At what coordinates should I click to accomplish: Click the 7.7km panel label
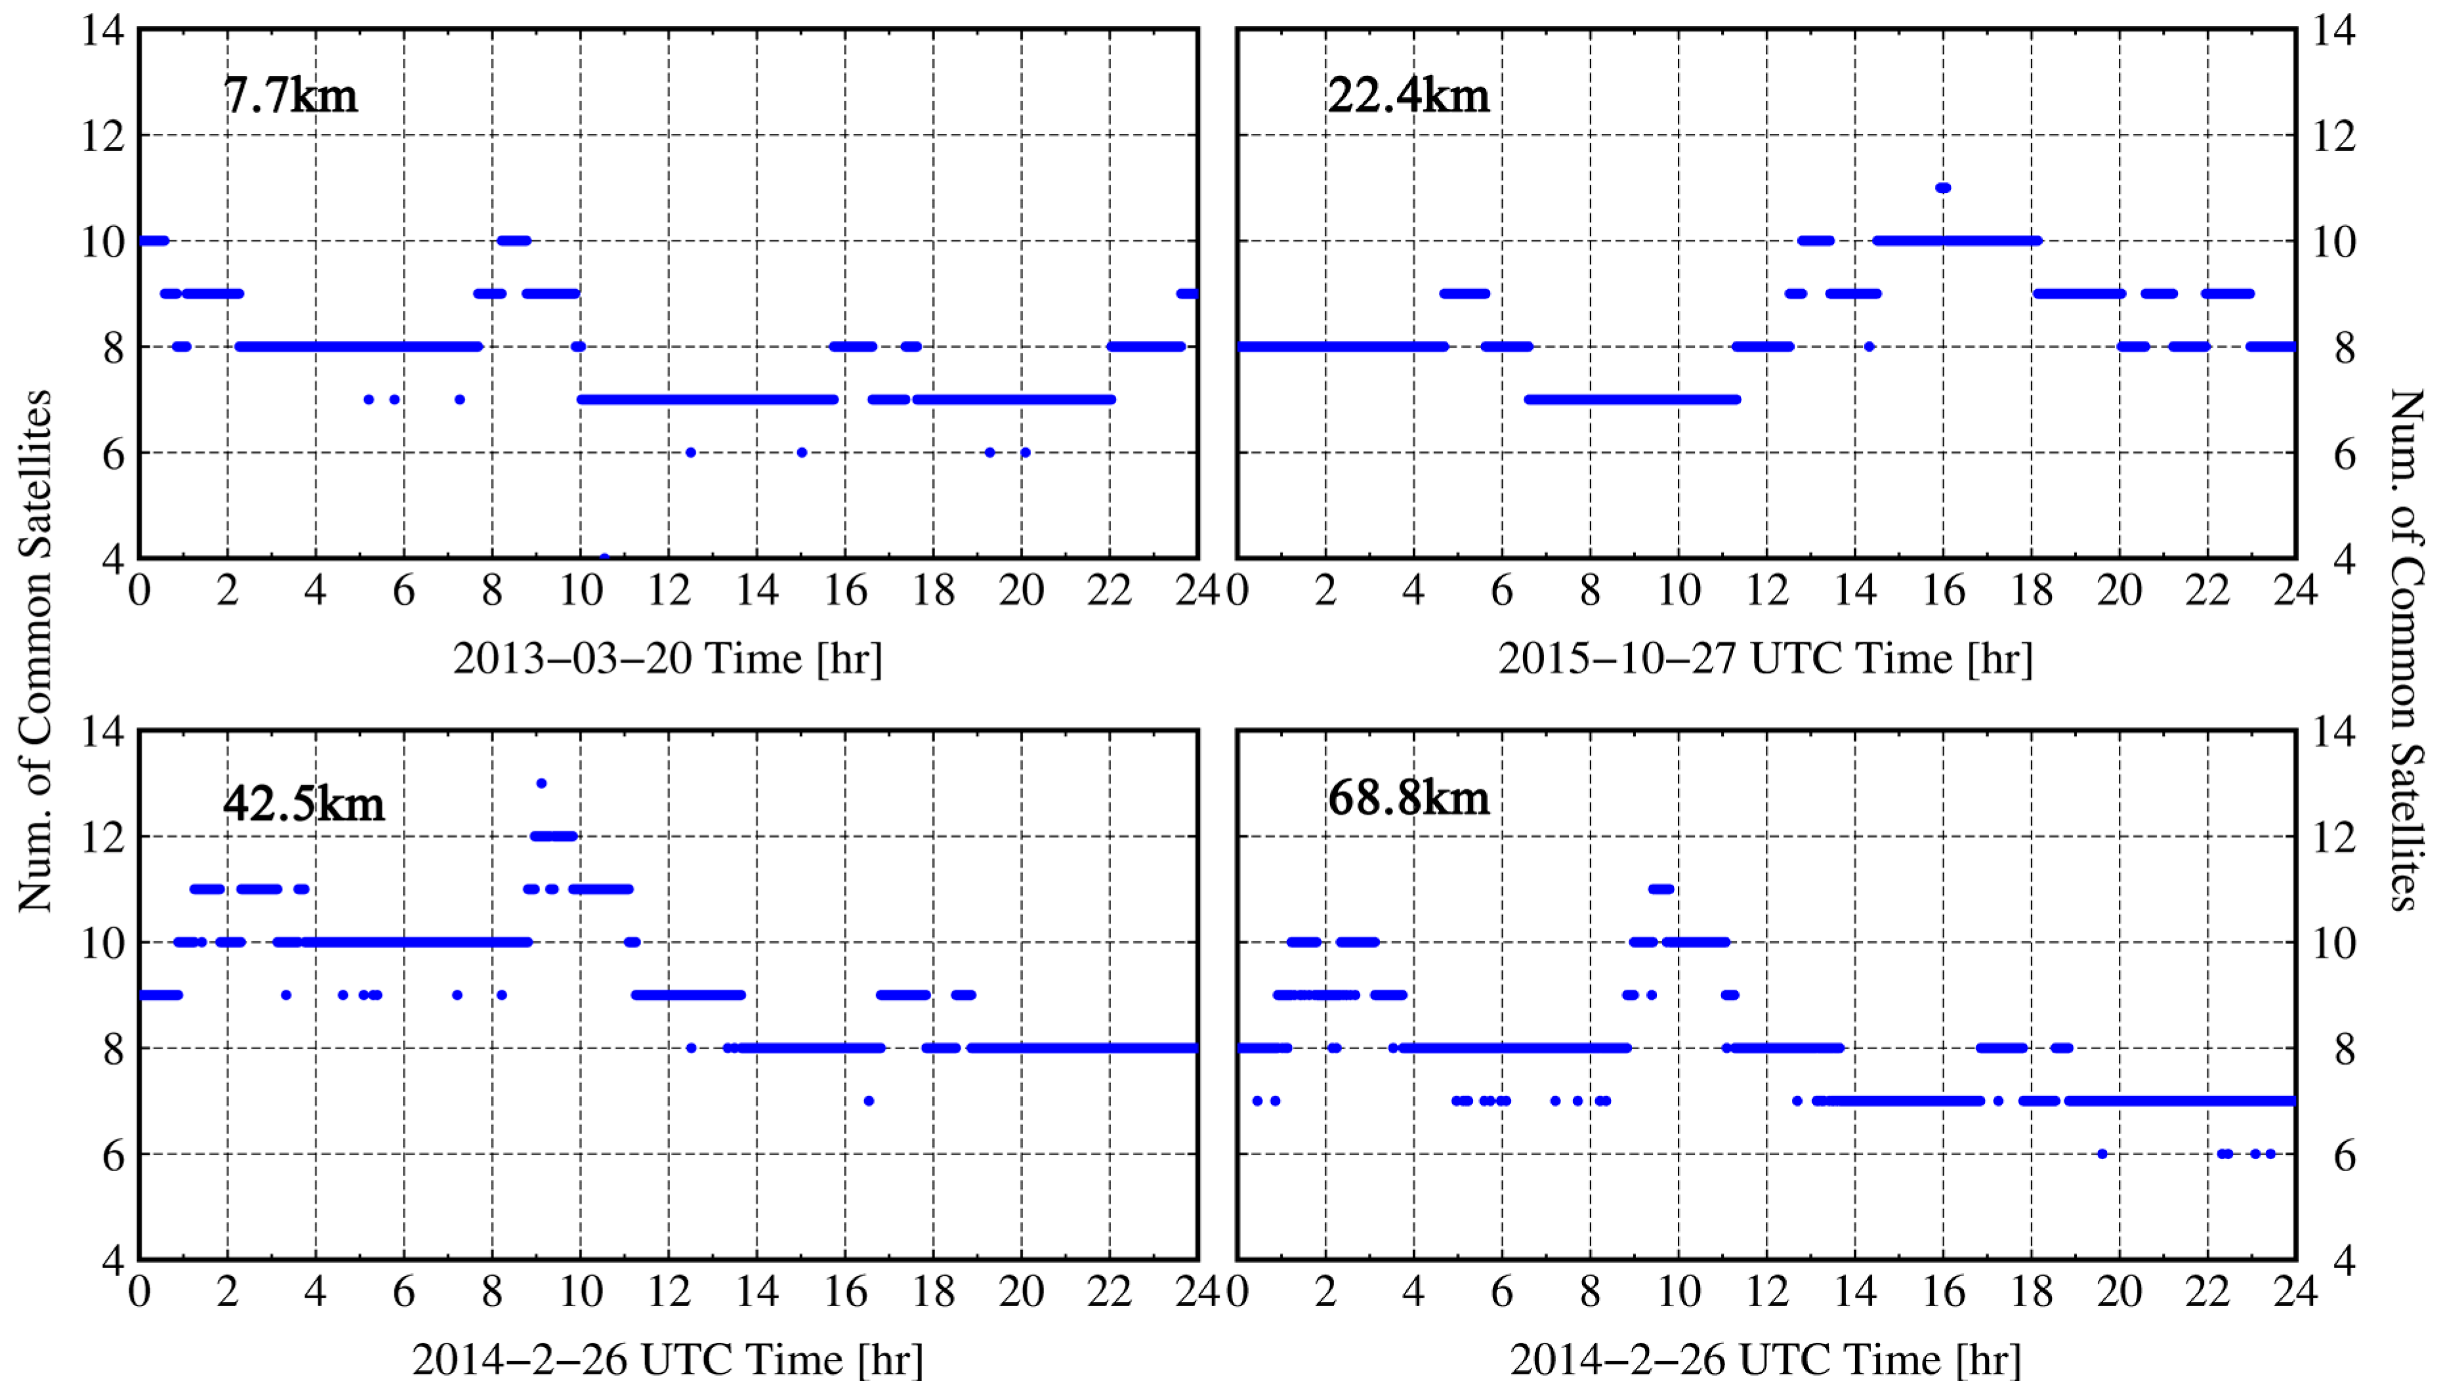(x=290, y=96)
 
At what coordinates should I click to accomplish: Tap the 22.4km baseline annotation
(x=1408, y=96)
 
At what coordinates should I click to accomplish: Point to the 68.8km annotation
(x=1408, y=798)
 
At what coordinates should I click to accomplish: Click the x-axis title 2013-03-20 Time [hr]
(x=667, y=659)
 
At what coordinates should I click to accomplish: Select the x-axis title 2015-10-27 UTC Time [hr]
(x=1765, y=659)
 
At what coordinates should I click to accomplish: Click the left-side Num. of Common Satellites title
(x=35, y=651)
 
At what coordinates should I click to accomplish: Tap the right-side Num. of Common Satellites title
(x=2408, y=651)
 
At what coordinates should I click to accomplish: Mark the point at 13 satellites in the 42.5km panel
(x=541, y=783)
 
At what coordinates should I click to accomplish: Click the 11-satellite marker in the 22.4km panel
(x=1943, y=188)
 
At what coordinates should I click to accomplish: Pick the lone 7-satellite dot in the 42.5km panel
(x=869, y=1101)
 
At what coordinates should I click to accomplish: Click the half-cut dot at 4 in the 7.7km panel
(x=604, y=556)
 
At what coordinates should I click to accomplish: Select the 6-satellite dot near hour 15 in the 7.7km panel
(x=802, y=453)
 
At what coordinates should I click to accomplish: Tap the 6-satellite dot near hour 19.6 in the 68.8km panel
(x=2102, y=1154)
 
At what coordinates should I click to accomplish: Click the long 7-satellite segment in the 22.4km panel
(x=1632, y=400)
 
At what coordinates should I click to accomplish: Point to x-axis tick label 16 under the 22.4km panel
(x=1943, y=590)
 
